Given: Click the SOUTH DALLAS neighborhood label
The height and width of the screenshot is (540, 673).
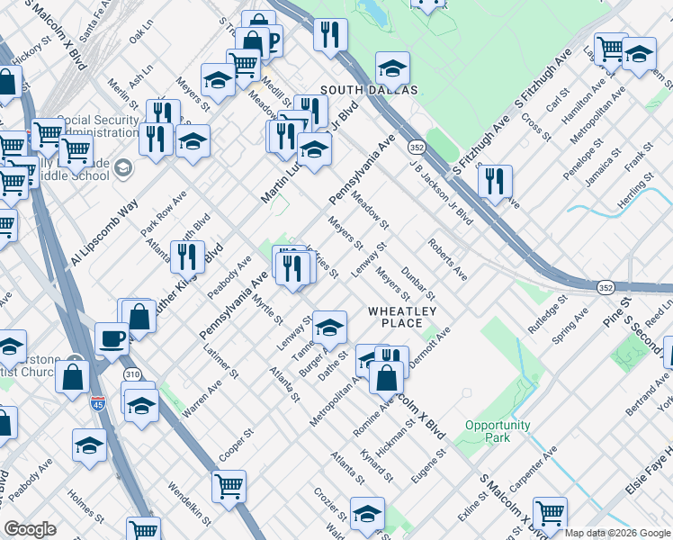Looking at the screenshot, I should coord(369,90).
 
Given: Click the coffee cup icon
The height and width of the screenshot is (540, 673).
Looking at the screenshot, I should coord(112,338).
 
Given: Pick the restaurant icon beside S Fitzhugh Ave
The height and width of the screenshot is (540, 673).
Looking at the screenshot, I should coord(495,181).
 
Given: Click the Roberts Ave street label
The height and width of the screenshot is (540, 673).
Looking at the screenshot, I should coord(447,258).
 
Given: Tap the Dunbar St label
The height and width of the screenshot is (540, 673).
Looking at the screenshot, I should coord(418,283).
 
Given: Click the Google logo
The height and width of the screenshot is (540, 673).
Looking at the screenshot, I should coord(30,529).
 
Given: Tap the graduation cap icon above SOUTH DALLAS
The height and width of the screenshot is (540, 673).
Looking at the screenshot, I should coord(392,67).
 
